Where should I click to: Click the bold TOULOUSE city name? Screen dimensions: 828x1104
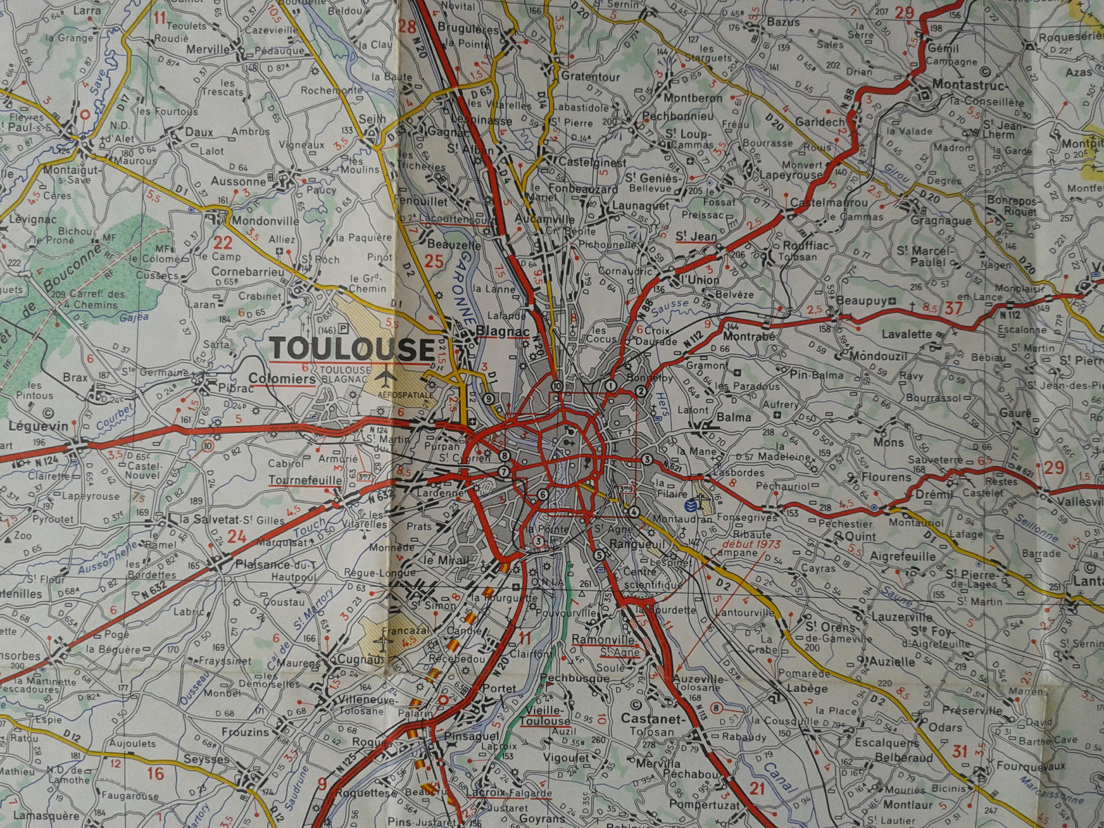(353, 348)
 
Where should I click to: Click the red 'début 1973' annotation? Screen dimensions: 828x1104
(749, 544)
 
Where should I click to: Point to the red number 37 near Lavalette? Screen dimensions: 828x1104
(953, 308)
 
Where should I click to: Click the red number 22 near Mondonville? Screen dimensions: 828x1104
(223, 242)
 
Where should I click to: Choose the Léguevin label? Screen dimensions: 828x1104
(39, 426)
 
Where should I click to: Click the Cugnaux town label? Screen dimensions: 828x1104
(359, 660)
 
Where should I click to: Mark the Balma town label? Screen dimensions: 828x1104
(733, 417)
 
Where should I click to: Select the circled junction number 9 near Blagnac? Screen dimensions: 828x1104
(489, 398)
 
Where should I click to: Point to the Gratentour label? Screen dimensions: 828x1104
(590, 77)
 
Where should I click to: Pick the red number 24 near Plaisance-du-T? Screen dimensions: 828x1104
(237, 536)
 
